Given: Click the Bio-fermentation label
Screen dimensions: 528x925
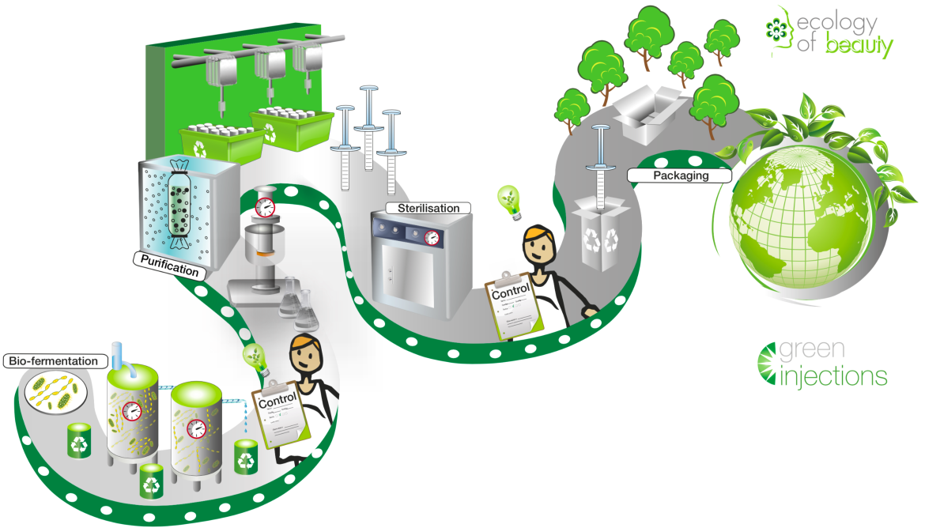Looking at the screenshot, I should click(x=55, y=361).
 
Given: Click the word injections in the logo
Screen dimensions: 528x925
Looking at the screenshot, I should click(x=833, y=375).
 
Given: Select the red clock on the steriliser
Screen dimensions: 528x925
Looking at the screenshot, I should click(x=432, y=236).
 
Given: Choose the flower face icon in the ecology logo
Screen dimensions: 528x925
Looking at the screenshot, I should click(x=777, y=28).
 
